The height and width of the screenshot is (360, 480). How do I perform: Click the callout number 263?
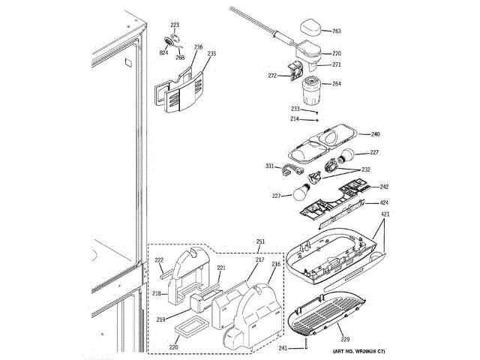pyautogui.click(x=337, y=31)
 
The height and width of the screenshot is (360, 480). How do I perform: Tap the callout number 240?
pyautogui.click(x=376, y=134)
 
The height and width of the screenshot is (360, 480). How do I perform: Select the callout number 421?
pyautogui.click(x=385, y=214)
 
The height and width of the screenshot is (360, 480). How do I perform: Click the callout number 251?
pyautogui.click(x=260, y=241)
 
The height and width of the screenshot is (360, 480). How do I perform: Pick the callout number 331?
pyautogui.click(x=269, y=166)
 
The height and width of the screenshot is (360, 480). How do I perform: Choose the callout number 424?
pyautogui.click(x=384, y=202)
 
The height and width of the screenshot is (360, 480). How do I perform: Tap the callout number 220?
pyautogui.click(x=173, y=346)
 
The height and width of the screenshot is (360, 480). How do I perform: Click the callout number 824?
pyautogui.click(x=163, y=52)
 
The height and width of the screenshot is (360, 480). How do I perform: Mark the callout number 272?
pyautogui.click(x=272, y=76)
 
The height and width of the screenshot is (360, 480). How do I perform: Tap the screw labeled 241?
pyautogui.click(x=307, y=344)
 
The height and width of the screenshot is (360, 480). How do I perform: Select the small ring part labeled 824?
pyautogui.click(x=168, y=41)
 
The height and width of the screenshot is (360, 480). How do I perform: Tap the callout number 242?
pyautogui.click(x=384, y=187)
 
